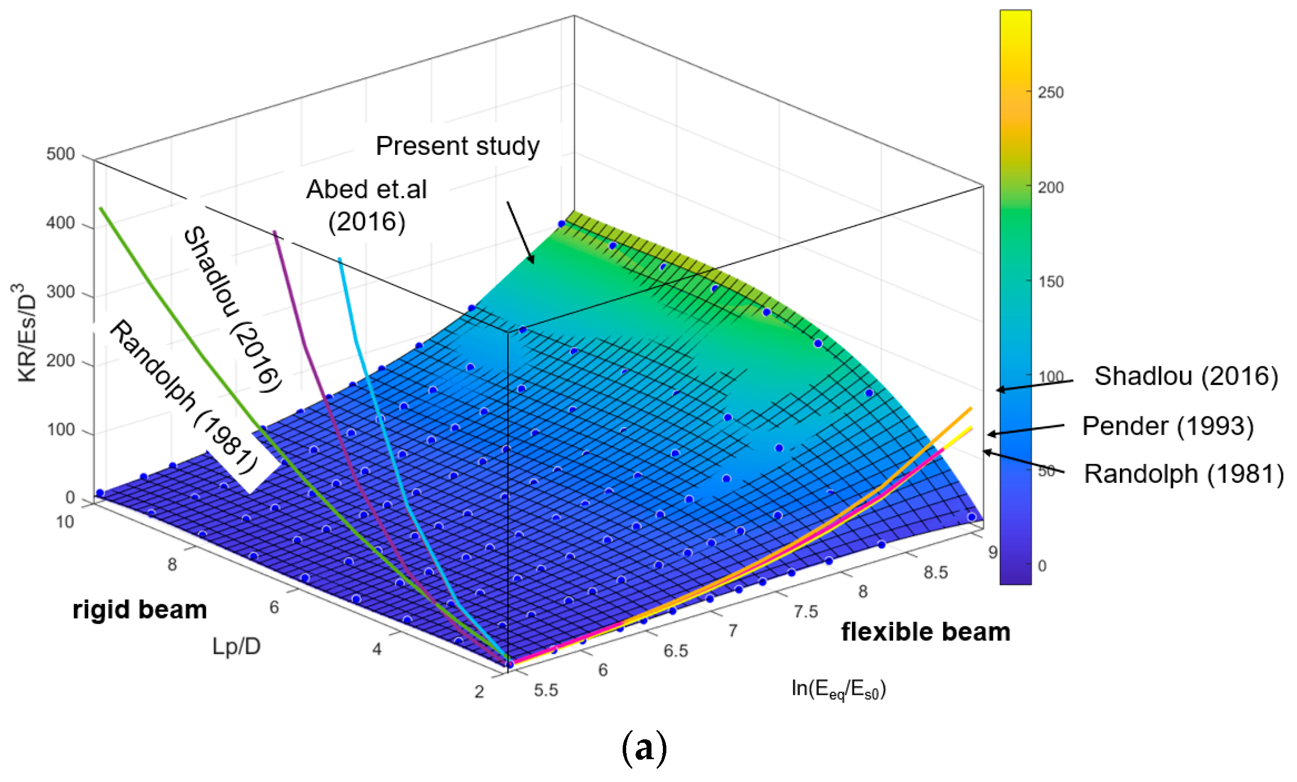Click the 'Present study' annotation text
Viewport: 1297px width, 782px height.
tap(457, 146)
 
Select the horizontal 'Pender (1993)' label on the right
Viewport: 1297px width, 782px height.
tap(1167, 426)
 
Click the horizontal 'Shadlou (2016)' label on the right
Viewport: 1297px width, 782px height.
tap(1186, 376)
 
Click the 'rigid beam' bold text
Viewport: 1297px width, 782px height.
tap(139, 610)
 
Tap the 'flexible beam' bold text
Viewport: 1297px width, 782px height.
tap(925, 632)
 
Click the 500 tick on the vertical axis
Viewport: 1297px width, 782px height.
tap(61, 154)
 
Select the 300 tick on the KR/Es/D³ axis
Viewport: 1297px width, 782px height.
tap(61, 292)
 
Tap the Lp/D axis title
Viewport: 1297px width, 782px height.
tap(236, 646)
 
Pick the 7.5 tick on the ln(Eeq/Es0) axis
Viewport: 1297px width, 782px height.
tap(806, 611)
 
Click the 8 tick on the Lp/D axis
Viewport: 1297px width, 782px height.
tap(172, 565)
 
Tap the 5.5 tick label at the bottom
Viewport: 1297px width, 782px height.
tap(546, 690)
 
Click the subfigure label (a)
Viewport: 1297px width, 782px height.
tap(645, 749)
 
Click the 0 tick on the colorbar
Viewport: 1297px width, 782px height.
tap(1042, 566)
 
